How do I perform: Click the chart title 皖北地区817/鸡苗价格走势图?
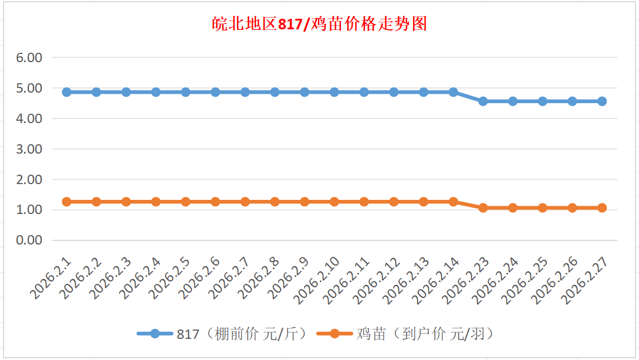click(x=319, y=25)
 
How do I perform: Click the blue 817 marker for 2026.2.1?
click(x=67, y=92)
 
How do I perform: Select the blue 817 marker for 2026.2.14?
click(x=453, y=92)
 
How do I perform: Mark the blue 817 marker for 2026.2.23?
click(x=483, y=101)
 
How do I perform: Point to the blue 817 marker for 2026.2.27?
click(x=602, y=101)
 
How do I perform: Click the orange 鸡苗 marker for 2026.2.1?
click(x=67, y=202)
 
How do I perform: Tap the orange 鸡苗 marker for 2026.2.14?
click(x=453, y=202)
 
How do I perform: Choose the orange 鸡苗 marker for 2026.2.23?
click(x=483, y=208)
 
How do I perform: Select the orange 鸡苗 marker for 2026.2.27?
click(x=602, y=208)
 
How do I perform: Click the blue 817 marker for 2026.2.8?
click(x=275, y=92)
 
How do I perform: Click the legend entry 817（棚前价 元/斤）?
click(x=223, y=334)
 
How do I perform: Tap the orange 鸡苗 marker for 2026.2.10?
click(x=334, y=202)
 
